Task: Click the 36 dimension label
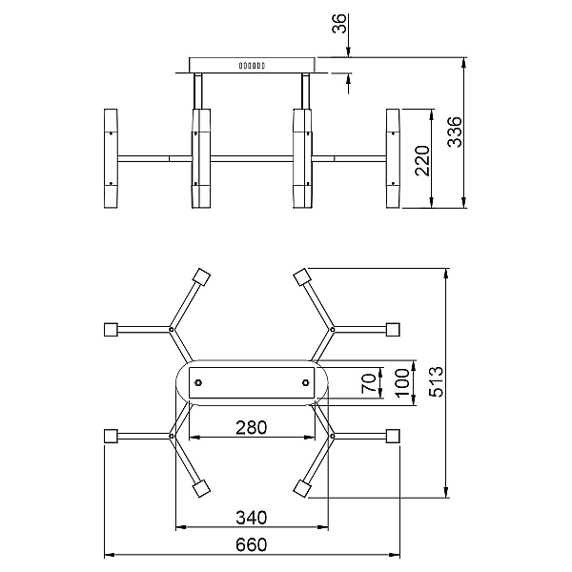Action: tap(339, 23)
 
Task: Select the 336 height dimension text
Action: tap(455, 133)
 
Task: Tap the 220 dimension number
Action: tap(422, 161)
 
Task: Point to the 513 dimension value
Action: tap(437, 381)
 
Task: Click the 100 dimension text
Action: tap(402, 383)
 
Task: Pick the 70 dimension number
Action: tap(368, 383)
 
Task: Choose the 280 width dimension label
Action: tap(252, 427)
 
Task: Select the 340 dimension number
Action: tap(252, 518)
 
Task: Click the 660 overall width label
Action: tap(252, 545)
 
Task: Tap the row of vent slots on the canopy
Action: tap(252, 66)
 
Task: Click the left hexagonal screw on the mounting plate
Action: tap(198, 382)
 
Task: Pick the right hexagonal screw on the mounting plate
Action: tap(306, 382)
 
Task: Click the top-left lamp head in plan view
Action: tap(201, 277)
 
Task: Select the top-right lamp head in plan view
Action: tap(302, 277)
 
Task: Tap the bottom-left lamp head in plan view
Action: tap(201, 488)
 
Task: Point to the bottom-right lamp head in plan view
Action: tap(302, 488)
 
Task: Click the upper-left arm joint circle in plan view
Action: tap(171, 330)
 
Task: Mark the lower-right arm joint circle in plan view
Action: tap(333, 436)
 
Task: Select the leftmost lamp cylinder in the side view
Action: tap(111, 158)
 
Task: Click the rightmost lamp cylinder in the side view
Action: tap(393, 158)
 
